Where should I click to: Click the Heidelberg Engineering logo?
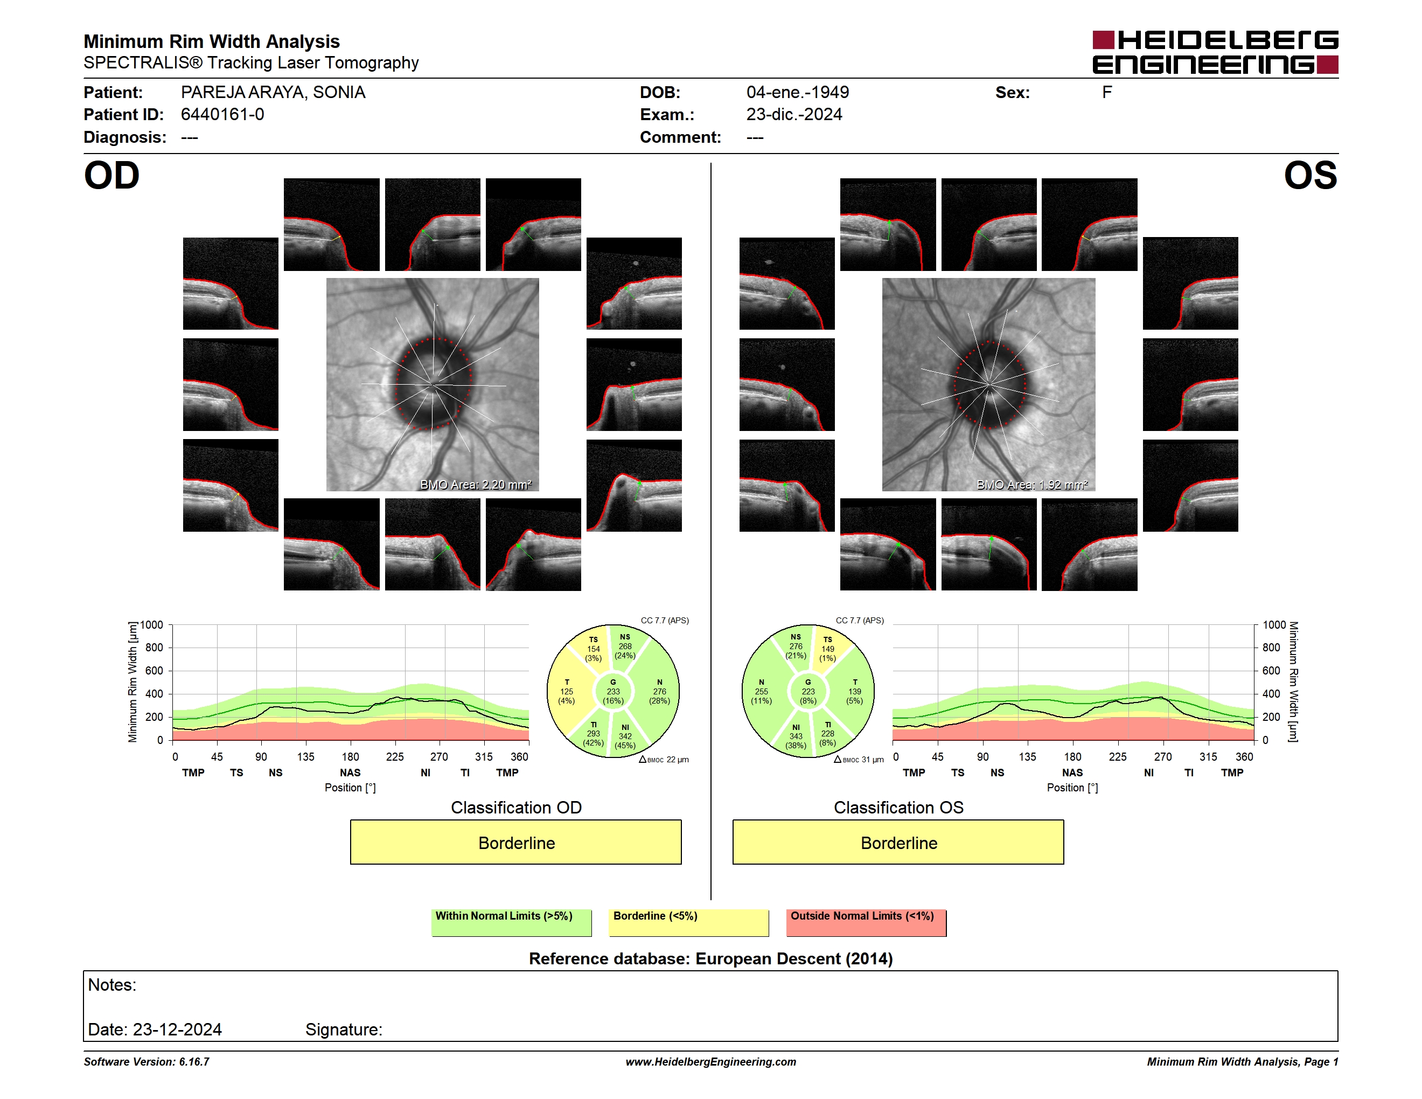[1215, 52]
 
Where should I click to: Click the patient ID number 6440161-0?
[222, 115]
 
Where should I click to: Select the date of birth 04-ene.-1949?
[798, 93]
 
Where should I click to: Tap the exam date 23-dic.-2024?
[794, 115]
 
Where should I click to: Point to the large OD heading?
[112, 176]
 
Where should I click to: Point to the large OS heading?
[1311, 176]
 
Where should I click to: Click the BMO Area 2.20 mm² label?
[476, 484]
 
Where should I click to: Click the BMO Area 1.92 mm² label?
[1032, 484]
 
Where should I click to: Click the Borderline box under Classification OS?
[898, 843]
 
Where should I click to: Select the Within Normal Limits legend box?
[511, 922]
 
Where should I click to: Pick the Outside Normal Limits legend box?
[866, 922]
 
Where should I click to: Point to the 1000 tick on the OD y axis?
[152, 625]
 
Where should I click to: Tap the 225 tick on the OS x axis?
[1118, 756]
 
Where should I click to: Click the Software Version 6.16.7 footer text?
[147, 1062]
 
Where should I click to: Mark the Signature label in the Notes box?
[344, 1030]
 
